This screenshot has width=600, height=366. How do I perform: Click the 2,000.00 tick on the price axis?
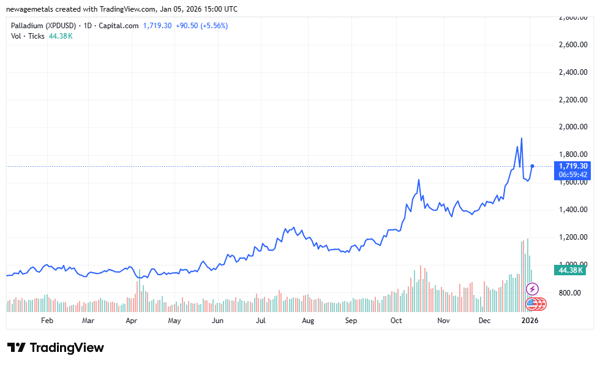(574, 128)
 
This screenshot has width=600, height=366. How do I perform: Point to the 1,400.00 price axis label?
(574, 210)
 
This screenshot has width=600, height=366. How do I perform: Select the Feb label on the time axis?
(47, 321)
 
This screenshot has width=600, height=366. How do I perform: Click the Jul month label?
(261, 321)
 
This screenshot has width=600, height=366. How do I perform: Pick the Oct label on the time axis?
(396, 321)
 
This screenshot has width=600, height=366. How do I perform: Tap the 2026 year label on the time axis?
(530, 321)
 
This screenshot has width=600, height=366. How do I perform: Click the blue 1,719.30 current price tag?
(573, 166)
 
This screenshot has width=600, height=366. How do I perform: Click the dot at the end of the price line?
(533, 166)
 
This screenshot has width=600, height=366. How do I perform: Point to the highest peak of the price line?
(521, 139)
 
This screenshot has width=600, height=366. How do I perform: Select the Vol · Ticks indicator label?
(28, 36)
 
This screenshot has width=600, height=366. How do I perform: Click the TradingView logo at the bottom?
(56, 348)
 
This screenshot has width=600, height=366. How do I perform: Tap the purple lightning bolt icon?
(533, 289)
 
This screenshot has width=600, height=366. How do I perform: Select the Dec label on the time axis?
(484, 321)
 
